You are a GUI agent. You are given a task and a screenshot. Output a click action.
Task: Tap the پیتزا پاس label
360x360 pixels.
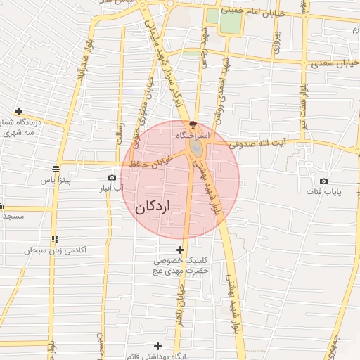(56, 181)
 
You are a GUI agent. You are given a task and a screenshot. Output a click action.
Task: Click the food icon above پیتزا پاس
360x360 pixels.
(56, 168)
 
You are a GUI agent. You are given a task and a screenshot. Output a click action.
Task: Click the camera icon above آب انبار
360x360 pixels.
(112, 178)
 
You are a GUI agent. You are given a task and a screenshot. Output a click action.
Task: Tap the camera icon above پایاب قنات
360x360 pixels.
(323, 181)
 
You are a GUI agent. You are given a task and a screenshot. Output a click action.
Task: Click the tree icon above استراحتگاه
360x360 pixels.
(193, 124)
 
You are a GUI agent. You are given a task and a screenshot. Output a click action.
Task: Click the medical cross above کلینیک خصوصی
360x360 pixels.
(180, 250)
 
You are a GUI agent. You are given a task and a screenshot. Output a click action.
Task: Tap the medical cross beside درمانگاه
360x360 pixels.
(18, 112)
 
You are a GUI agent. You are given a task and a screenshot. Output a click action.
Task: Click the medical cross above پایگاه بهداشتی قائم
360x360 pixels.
(157, 345)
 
